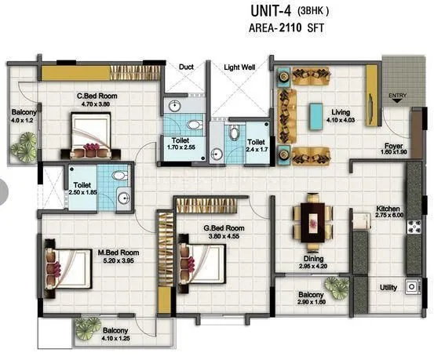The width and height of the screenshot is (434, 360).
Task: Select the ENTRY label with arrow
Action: [398, 99]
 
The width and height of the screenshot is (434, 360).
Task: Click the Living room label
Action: [341, 115]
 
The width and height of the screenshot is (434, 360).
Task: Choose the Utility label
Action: [388, 288]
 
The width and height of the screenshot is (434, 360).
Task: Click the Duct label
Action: [186, 67]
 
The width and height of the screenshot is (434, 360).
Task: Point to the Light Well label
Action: [240, 67]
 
